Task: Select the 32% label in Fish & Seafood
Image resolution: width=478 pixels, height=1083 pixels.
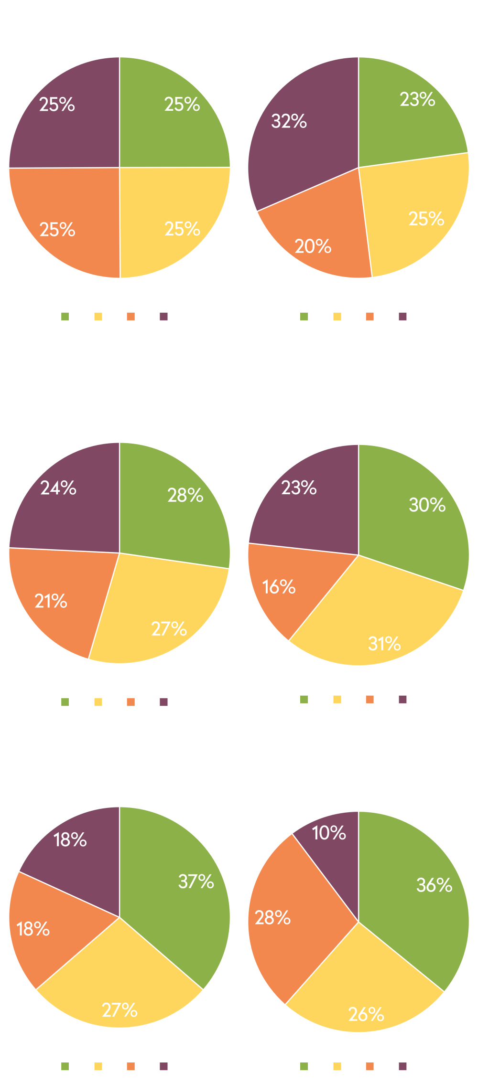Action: click(289, 121)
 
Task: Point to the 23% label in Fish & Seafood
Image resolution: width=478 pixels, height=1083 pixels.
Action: click(417, 100)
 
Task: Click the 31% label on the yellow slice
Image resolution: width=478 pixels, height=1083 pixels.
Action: click(384, 644)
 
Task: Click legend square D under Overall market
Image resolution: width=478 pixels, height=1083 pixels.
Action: click(164, 316)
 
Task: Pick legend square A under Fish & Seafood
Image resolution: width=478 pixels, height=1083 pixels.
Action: click(304, 316)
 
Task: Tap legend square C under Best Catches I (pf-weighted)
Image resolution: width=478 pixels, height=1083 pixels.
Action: click(369, 1065)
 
